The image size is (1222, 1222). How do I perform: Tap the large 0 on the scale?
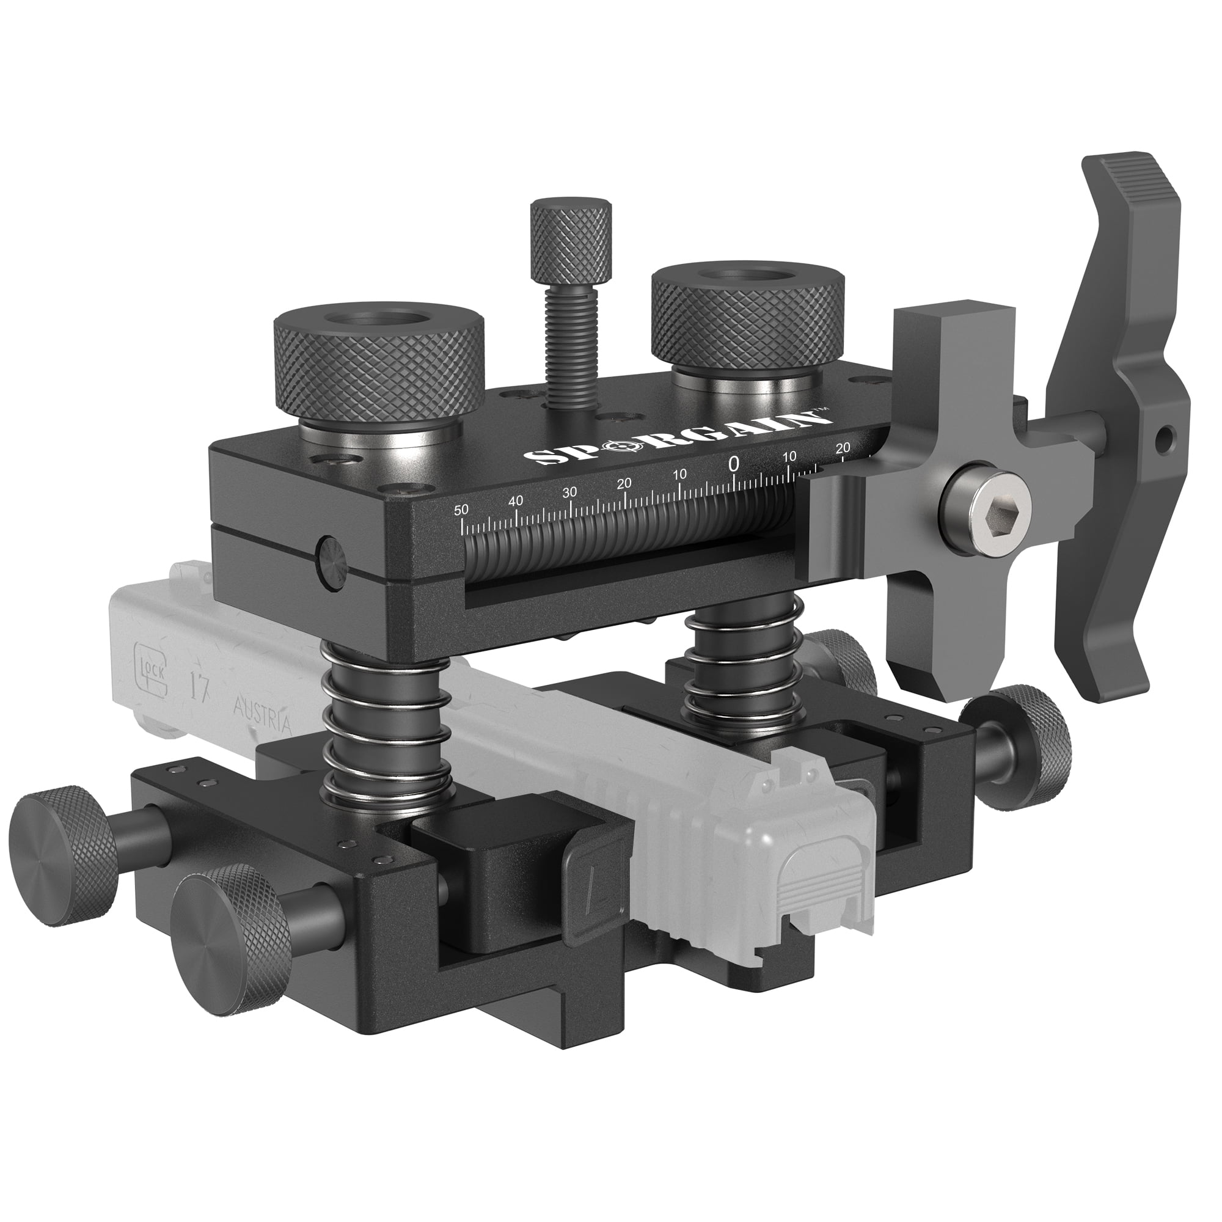coord(734,464)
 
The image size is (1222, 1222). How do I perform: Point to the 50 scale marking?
coord(462,510)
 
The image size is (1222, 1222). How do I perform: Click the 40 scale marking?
coord(516,501)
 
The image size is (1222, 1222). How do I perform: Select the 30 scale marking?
coord(570,492)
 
